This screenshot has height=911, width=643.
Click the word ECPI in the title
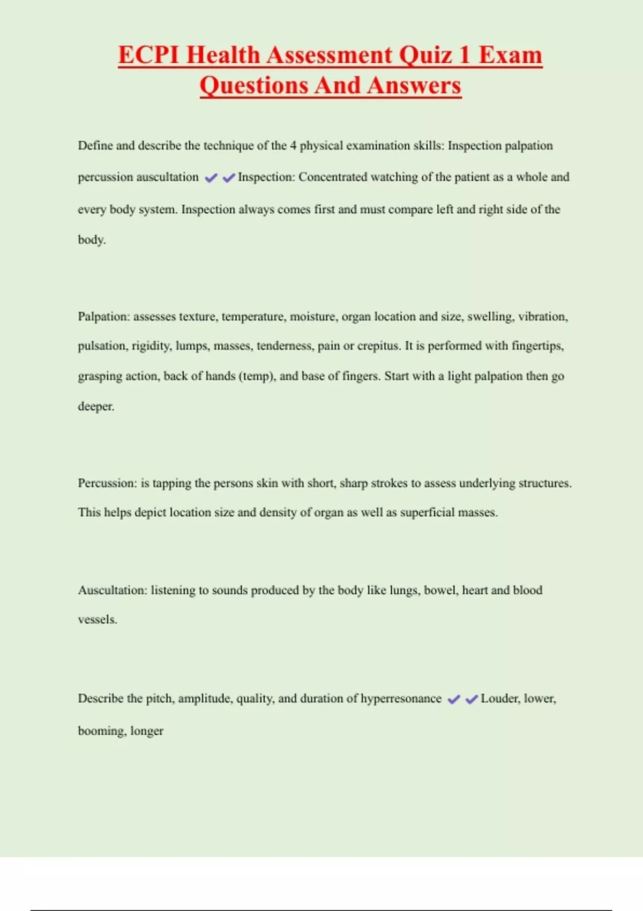pos(148,55)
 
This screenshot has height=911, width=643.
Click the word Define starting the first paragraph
pos(95,146)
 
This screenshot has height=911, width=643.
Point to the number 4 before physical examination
pos(293,146)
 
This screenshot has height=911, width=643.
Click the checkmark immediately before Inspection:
pos(229,178)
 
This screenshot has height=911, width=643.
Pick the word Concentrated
pos(333,177)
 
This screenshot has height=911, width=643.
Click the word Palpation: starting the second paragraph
pos(104,317)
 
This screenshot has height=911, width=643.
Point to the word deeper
pos(96,406)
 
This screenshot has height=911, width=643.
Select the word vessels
pos(98,619)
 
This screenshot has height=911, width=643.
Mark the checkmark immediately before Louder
pos(472,699)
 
